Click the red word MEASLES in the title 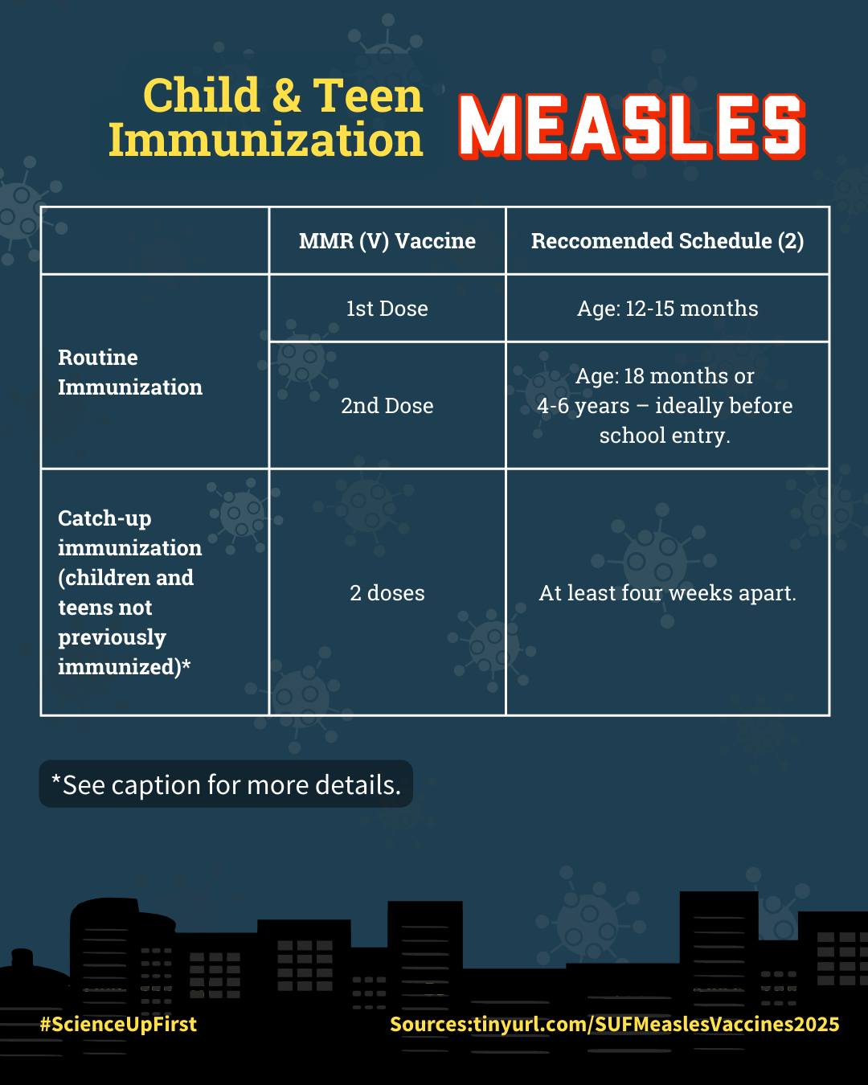(632, 126)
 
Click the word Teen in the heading (367, 96)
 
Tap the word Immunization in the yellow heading (265, 140)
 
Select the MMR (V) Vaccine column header (387, 241)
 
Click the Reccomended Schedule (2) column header (667, 241)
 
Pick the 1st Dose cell (387, 309)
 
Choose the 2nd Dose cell (387, 406)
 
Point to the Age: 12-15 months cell (667, 309)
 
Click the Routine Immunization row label (129, 372)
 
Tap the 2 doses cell (387, 593)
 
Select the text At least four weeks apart (667, 593)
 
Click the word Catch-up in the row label (104, 518)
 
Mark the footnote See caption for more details (226, 784)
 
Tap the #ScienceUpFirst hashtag (118, 1024)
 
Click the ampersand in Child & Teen (286, 96)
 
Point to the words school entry (665, 436)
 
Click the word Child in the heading (202, 96)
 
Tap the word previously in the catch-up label (112, 637)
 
